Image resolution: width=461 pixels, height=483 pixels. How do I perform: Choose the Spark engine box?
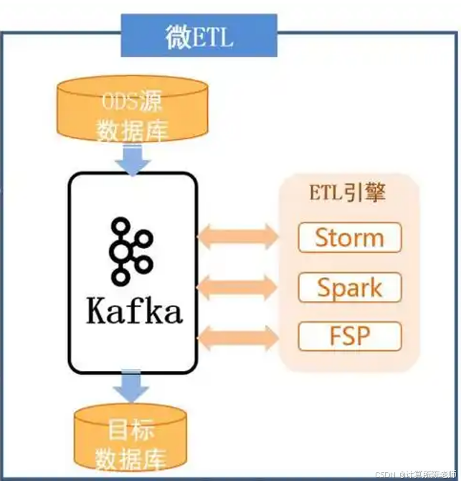[x=349, y=287]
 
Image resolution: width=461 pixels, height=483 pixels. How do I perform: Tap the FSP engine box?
[x=349, y=336]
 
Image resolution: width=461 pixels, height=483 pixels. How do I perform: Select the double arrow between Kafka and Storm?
[x=237, y=236]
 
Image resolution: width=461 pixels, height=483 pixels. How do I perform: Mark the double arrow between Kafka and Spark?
[x=237, y=286]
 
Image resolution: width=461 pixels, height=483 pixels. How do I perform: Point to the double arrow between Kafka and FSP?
[x=237, y=337]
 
